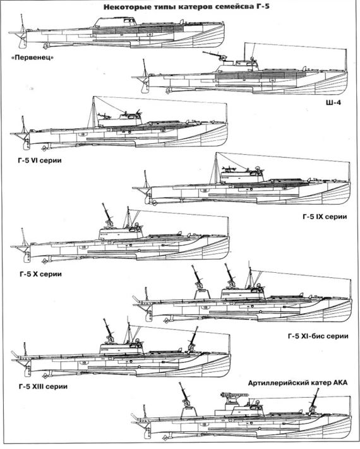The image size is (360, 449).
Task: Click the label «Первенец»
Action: click(x=33, y=57)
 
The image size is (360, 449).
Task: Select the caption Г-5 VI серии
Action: click(x=40, y=160)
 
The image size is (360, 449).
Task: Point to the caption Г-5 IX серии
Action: click(x=325, y=217)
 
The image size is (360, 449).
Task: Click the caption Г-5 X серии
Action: click(x=40, y=274)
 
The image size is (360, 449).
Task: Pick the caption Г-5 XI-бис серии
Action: click(x=318, y=336)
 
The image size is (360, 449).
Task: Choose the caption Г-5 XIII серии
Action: click(x=43, y=386)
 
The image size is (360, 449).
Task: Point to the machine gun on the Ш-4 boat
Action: click(x=213, y=56)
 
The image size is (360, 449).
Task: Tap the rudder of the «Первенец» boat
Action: click(x=22, y=42)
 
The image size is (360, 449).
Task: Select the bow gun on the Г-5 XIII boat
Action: click(x=193, y=341)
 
